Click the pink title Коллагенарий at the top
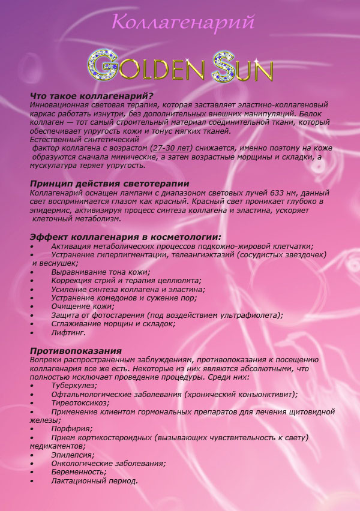(x=183, y=22)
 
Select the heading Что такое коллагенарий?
(x=92, y=96)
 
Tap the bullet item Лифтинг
(x=68, y=332)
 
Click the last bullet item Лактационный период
(x=94, y=480)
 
